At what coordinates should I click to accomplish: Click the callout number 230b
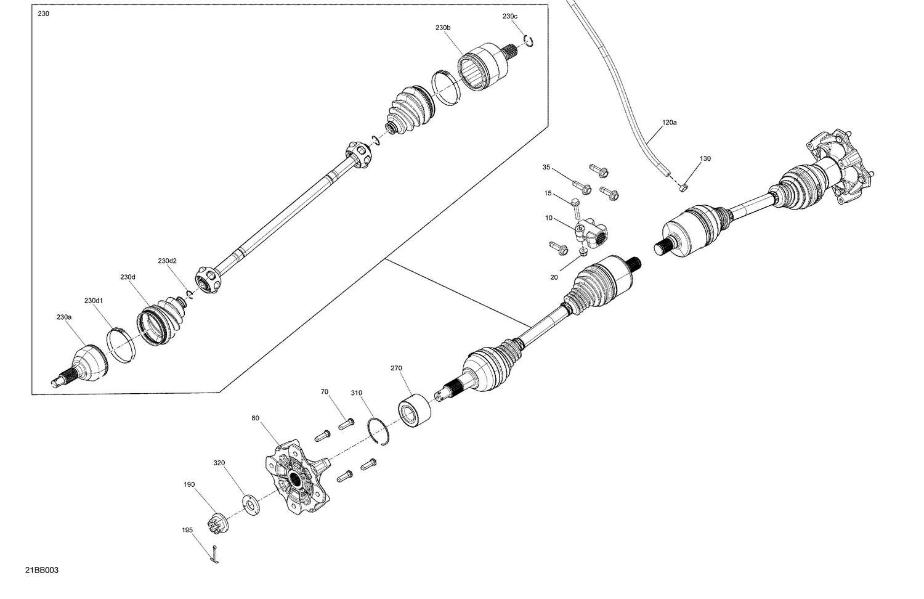coord(443,28)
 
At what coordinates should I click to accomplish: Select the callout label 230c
coord(509,16)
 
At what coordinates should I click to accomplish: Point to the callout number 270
coord(396,368)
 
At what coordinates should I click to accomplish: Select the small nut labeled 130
coord(683,186)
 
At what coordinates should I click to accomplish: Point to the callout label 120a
coord(669,123)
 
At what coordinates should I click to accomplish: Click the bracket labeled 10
coord(591,233)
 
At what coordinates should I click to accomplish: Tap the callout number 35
coord(546,167)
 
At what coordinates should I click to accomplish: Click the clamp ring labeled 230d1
coord(121,346)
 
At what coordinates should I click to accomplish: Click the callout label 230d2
coord(167,261)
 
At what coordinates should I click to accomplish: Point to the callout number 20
coord(554,277)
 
